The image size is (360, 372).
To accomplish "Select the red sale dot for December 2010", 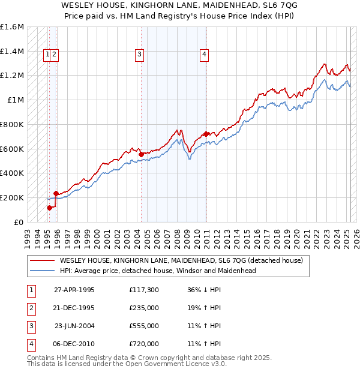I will pos(206,134).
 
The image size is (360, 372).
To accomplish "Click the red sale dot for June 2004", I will pos(141,154).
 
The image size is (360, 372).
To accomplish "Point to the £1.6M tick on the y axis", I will pos(12,27).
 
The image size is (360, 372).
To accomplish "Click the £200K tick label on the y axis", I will pos(12,197).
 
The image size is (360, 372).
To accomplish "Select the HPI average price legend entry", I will pos(158,271).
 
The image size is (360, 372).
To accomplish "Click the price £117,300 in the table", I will pos(144,290).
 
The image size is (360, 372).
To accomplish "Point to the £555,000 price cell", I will pos(144,326).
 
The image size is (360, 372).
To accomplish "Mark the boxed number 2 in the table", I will pos(29,308).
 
